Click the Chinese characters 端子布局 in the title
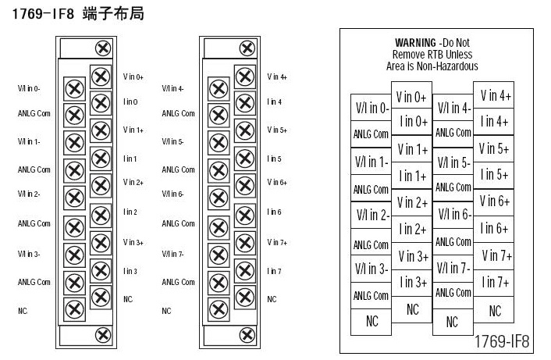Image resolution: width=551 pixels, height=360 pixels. [113, 14]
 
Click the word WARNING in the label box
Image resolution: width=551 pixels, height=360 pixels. [415, 43]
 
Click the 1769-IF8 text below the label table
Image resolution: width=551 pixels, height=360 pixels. [502, 341]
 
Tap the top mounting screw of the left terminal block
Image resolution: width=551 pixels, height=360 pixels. [103, 48]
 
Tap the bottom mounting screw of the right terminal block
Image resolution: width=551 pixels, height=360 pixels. [247, 335]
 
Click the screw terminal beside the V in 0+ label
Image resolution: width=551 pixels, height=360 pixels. [101, 77]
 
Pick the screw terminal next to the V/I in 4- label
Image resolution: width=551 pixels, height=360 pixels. [219, 88]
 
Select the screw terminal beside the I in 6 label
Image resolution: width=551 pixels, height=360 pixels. [245, 216]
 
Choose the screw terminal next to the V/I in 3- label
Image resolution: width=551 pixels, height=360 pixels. [74, 255]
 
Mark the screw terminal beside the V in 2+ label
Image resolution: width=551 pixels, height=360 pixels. [101, 185]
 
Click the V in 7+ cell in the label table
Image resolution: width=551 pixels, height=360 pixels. [494, 256]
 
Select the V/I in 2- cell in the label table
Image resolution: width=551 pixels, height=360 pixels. [371, 216]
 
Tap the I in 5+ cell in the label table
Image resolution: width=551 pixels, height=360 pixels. [494, 175]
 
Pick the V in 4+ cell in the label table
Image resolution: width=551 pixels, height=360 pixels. [494, 95]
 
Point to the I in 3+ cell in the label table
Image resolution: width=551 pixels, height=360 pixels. [412, 283]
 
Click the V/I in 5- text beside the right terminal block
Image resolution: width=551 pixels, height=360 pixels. [172, 141]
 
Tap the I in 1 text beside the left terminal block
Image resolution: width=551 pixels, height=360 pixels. [130, 159]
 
